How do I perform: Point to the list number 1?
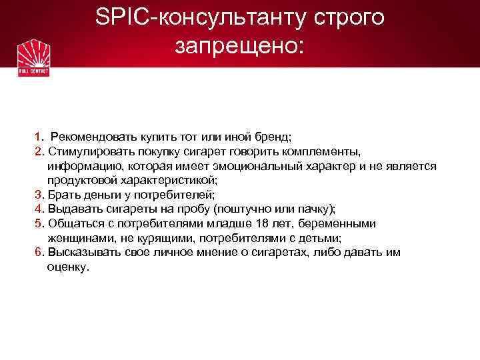point(38,137)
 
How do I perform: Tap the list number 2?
point(38,151)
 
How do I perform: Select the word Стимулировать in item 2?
point(84,151)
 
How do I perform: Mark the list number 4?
point(38,209)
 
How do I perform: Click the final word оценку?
point(67,267)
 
